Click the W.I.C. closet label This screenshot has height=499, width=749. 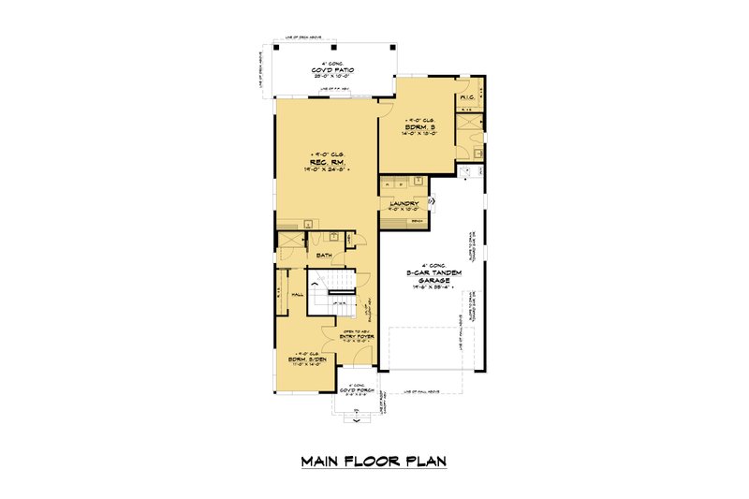467,97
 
